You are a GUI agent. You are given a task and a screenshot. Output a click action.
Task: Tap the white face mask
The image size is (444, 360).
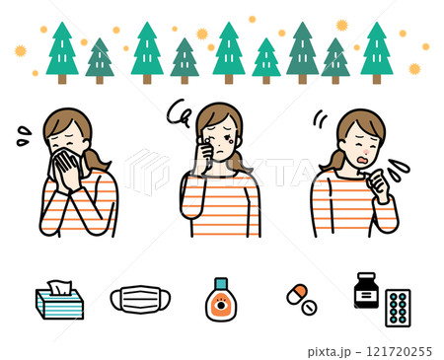[x=140, y=299]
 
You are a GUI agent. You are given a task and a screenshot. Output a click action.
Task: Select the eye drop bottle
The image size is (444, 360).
[x=221, y=300]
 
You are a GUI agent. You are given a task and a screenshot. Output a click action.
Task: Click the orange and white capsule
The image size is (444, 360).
[x=297, y=294]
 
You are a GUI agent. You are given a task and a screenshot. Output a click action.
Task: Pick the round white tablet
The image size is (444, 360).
[x=309, y=308]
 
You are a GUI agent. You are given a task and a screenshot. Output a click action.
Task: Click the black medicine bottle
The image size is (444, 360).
[x=366, y=290]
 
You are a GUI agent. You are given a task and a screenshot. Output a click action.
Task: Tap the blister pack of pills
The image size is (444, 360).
[x=398, y=308]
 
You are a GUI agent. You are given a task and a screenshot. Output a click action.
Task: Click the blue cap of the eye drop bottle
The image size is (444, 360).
[x=221, y=283]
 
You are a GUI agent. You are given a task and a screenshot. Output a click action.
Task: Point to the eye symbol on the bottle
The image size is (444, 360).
[x=221, y=305]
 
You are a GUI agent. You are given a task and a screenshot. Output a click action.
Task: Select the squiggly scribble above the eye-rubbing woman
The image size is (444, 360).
[x=179, y=113]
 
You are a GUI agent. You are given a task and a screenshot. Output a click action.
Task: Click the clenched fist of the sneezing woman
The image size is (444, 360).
[x=380, y=183]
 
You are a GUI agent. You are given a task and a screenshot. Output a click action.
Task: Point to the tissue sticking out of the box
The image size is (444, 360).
[x=59, y=287]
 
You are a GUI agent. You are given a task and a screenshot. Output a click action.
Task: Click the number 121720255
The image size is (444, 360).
[x=399, y=351]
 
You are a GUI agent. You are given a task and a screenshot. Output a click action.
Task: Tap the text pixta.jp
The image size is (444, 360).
[x=330, y=352]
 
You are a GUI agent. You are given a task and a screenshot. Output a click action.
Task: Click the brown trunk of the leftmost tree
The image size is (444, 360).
[x=62, y=79]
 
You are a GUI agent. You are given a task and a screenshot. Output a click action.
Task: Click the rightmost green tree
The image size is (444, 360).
[x=377, y=52]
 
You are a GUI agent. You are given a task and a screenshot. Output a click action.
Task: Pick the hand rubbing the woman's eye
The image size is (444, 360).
[x=205, y=151]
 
